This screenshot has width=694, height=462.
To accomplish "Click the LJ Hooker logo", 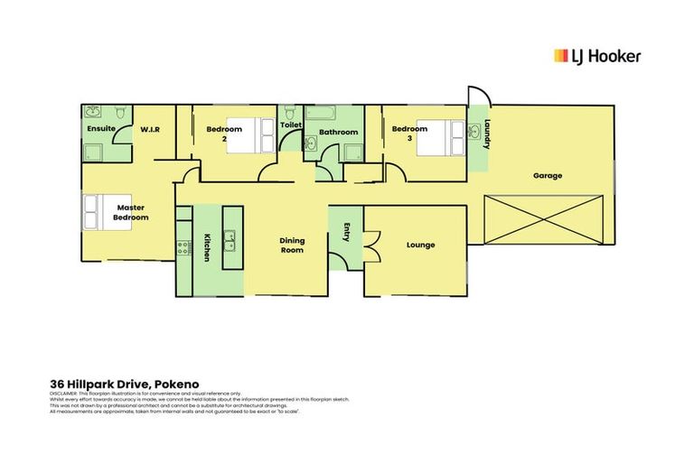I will pos(596,56).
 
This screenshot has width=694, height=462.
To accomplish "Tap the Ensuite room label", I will pos(101,129).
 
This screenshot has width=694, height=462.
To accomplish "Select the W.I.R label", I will pos(150,130).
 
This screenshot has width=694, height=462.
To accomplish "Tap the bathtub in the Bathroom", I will pos(321,114).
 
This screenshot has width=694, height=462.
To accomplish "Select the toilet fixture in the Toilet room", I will pos(290,113).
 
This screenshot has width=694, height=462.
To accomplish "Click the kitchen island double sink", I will pos(230,240).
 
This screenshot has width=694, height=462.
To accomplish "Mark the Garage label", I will pos(548,175).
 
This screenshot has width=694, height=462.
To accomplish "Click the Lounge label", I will pos(421,245).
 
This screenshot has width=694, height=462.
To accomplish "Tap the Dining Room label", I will pos(291,245).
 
